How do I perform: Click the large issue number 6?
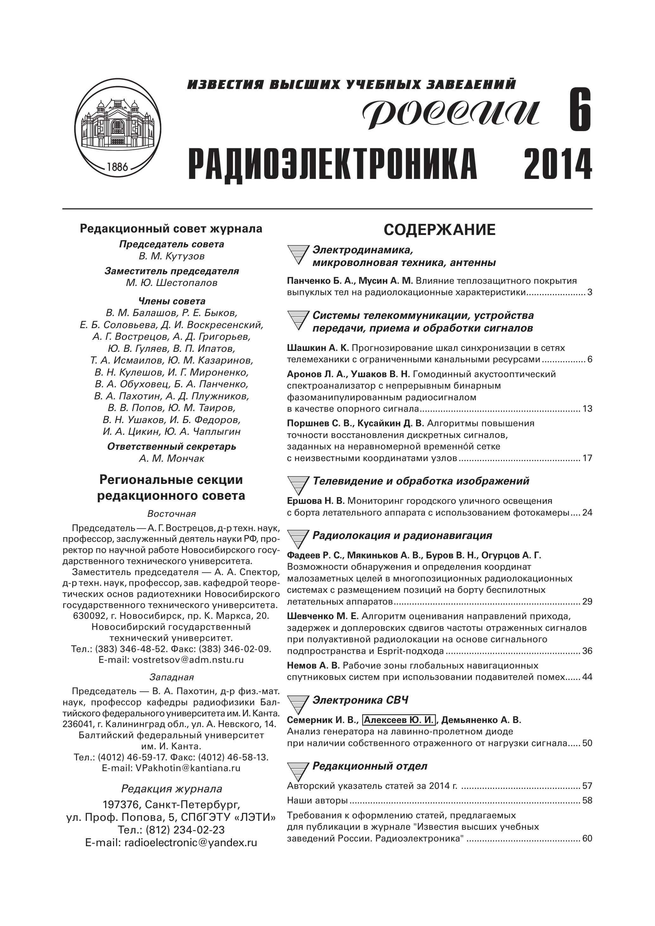click(580, 110)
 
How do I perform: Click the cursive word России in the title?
click(451, 112)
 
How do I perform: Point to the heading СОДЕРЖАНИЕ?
click(439, 230)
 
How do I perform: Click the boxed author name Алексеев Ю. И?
click(399, 720)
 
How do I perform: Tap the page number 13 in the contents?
click(587, 409)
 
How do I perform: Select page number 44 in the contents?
click(587, 677)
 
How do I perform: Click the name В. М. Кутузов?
click(171, 256)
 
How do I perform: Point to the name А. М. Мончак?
click(171, 459)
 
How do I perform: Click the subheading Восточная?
click(171, 513)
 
